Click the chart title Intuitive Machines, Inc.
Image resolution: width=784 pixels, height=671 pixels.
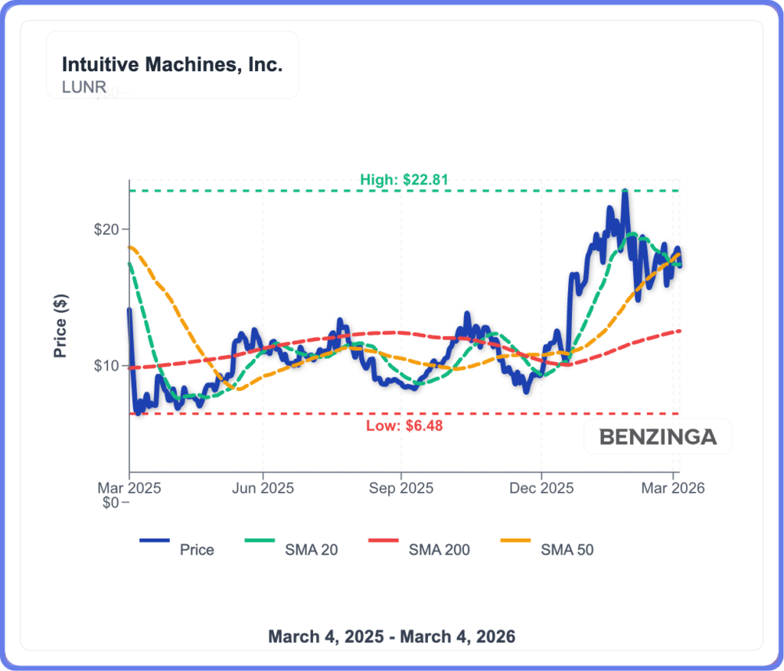[x=171, y=64]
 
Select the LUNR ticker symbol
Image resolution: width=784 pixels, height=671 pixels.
[x=84, y=86]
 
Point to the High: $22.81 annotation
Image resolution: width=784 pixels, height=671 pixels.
[x=403, y=181]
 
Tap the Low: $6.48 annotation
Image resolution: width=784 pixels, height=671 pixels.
[x=403, y=425]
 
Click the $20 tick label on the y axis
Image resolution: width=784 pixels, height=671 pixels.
[x=106, y=230]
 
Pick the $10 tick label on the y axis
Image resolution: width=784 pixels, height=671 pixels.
[x=106, y=366]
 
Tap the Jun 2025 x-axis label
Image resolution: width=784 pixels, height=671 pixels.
[x=263, y=487]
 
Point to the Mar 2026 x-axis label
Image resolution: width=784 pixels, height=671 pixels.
[x=673, y=487]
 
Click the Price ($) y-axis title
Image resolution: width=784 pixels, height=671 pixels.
[x=60, y=327]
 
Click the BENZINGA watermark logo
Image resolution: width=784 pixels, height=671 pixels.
[x=658, y=437]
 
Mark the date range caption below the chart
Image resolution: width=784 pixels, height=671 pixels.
[x=391, y=637]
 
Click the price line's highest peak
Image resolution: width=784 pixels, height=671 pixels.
[x=625, y=191]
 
